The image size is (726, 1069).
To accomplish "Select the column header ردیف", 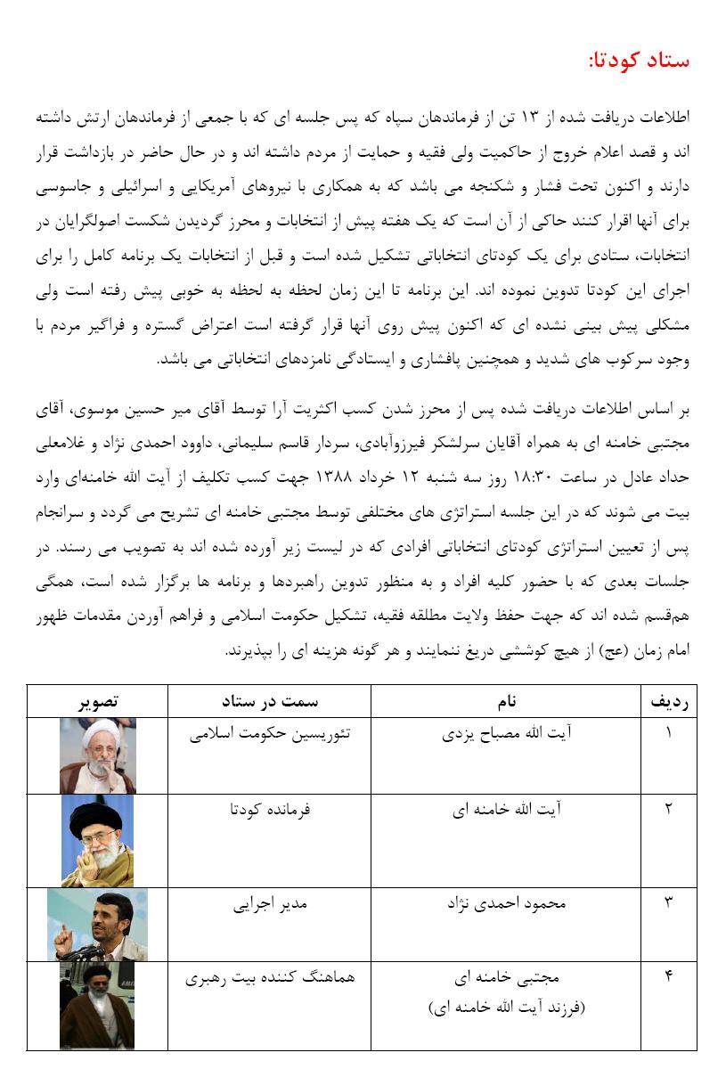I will point(668,702).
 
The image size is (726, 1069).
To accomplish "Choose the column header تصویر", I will point(97,702).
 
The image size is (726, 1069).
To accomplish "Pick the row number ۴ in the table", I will point(668,977).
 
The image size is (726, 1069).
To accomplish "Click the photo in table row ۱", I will point(97,755).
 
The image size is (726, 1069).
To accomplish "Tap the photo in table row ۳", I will point(97,925).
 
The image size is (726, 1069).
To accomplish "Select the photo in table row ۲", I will point(97,840).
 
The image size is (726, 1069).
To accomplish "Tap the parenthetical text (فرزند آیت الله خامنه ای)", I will point(506,1008).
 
